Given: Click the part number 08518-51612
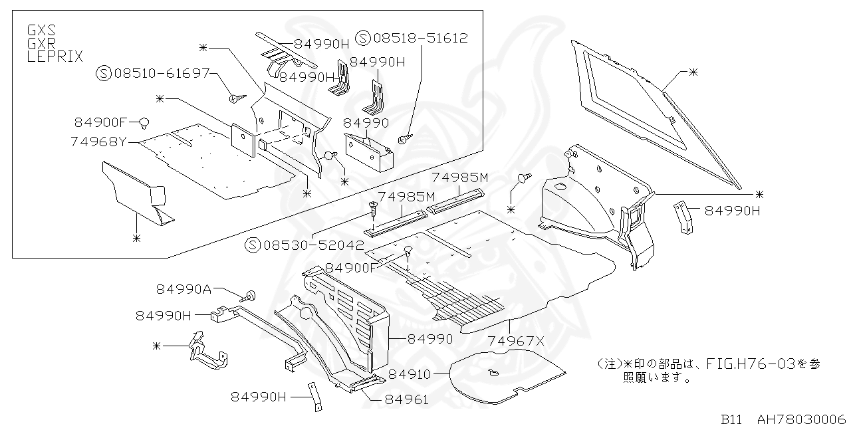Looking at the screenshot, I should tap(420, 38).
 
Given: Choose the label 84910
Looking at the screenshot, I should tap(410, 374).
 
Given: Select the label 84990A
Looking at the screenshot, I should tap(184, 289).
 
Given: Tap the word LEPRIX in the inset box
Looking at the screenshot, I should tap(55, 56).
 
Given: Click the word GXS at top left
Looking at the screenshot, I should tap(41, 31).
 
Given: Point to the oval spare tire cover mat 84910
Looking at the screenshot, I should tap(505, 377).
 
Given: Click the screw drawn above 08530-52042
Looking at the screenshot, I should tap(374, 210).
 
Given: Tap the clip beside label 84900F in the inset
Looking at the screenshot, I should tap(143, 122).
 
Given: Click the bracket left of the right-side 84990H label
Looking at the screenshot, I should tap(681, 216).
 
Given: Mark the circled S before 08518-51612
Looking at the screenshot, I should tap(363, 38).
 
